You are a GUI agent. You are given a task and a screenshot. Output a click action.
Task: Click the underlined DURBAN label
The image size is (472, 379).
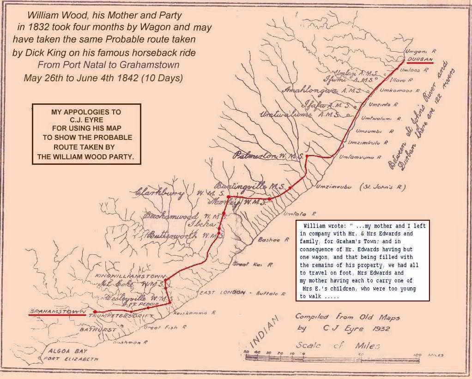pos(420,60)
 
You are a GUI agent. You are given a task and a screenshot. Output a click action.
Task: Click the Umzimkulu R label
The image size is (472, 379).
pos(364,143)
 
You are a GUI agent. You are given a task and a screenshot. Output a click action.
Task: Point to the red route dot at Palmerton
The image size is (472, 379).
pos(307,156)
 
